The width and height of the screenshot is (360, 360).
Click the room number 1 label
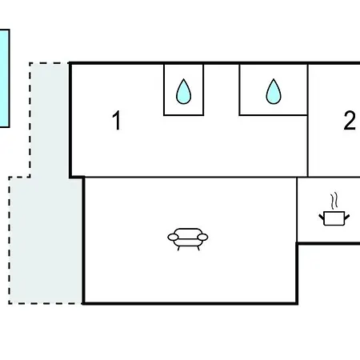click(x=117, y=121)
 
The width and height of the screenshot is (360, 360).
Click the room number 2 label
click(x=350, y=121)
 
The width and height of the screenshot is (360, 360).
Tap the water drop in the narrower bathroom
click(x=183, y=91)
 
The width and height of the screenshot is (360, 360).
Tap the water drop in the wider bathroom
click(x=274, y=91)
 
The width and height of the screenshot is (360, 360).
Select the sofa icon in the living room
click(x=188, y=239)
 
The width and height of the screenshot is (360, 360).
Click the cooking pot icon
click(x=334, y=210)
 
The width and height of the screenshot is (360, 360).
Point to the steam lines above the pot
click(x=334, y=202)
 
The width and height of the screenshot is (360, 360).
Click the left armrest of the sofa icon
click(x=173, y=237)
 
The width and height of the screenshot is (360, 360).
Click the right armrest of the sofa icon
click(x=202, y=237)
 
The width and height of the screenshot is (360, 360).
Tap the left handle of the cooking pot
click(x=322, y=217)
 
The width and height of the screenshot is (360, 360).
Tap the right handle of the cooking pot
click(x=347, y=217)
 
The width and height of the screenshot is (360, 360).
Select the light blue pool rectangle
click(x=5, y=78)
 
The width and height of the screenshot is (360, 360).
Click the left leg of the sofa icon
click(x=178, y=248)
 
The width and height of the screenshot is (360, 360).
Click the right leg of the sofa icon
click(x=198, y=248)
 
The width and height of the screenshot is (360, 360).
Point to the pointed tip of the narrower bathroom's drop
click(x=183, y=79)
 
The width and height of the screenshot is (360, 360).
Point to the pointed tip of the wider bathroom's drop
click(x=274, y=79)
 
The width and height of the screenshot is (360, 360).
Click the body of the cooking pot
click(x=334, y=218)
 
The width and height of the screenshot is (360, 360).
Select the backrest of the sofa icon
click(x=188, y=231)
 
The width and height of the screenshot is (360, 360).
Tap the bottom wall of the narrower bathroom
click(x=184, y=115)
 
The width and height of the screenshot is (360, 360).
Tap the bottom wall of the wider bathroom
click(x=274, y=115)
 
